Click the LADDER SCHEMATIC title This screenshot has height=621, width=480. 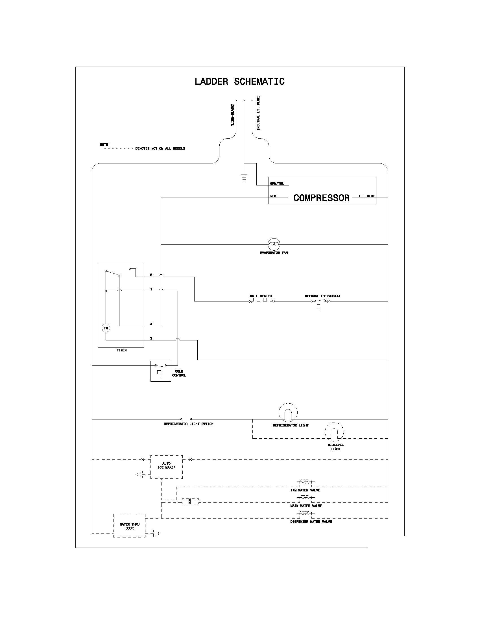tap(239, 82)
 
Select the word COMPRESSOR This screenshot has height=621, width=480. tap(321, 198)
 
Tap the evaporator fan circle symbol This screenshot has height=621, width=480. tap(274, 244)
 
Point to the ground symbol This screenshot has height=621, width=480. tap(244, 178)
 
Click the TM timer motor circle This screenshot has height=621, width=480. tap(106, 328)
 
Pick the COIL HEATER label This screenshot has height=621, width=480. tap(261, 296)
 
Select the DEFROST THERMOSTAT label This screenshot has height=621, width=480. tap(322, 296)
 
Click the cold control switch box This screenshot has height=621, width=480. tap(161, 371)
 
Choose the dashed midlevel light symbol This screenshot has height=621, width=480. tap(334, 432)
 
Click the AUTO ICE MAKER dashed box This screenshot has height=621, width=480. tap(166, 467)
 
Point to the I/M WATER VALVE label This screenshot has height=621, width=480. tap(305, 490)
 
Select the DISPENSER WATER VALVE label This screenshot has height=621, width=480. tap(311, 521)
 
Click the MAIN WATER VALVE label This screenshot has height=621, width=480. tap(306, 506)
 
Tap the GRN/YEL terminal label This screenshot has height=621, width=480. tap(277, 183)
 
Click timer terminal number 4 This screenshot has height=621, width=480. tap(151, 324)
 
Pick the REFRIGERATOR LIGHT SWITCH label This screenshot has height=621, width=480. tap(188, 424)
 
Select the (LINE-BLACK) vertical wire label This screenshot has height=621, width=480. tap(232, 115)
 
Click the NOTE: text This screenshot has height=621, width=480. tap(105, 145)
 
